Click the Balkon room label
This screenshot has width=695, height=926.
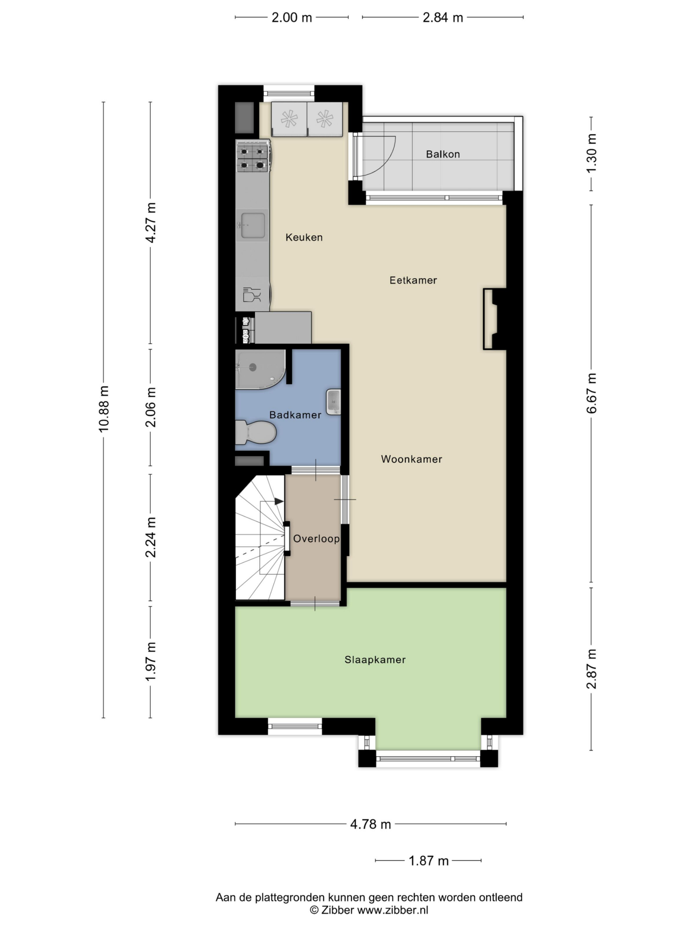pyautogui.click(x=443, y=154)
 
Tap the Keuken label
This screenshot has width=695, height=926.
pyautogui.click(x=304, y=237)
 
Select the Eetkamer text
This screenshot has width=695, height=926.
pyautogui.click(x=413, y=280)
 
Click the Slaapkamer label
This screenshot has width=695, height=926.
pyautogui.click(x=375, y=659)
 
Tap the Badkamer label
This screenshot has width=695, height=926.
pyautogui.click(x=295, y=415)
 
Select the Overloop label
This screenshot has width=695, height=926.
pyautogui.click(x=316, y=538)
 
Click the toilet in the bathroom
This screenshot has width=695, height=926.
pyautogui.click(x=255, y=432)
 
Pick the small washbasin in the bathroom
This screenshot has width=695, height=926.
pyautogui.click(x=333, y=402)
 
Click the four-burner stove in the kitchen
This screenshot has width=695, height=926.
pyautogui.click(x=253, y=157)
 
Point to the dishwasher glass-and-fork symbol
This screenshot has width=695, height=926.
pyautogui.click(x=252, y=294)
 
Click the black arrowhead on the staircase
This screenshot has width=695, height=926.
pyautogui.click(x=279, y=501)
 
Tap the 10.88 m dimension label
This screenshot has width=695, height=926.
pyautogui.click(x=104, y=409)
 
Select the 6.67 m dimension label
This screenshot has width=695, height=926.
pyautogui.click(x=591, y=393)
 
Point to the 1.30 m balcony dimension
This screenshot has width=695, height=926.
pyautogui.click(x=591, y=153)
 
